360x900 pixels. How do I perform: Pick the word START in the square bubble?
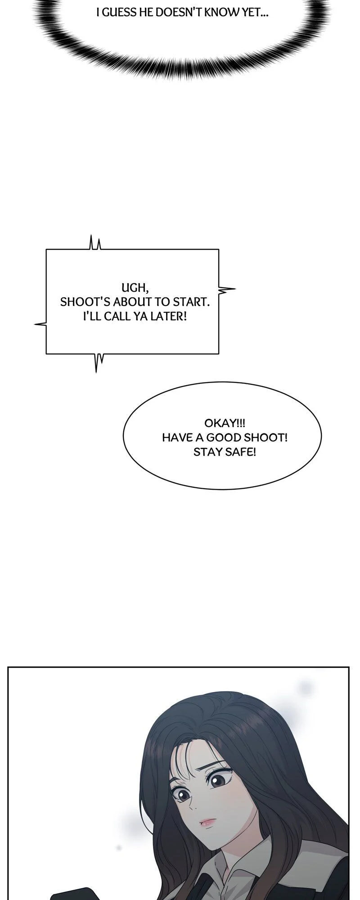[195, 302]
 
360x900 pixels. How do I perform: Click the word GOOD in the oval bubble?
[224, 437]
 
